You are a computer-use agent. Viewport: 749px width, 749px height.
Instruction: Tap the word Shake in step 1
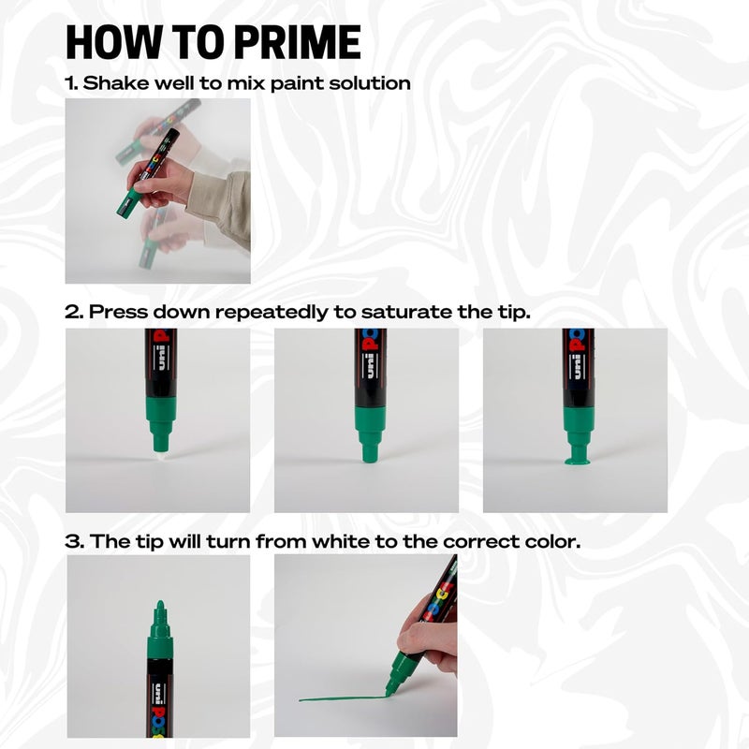(112, 82)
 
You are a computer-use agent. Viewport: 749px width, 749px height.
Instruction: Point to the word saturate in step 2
(402, 312)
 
